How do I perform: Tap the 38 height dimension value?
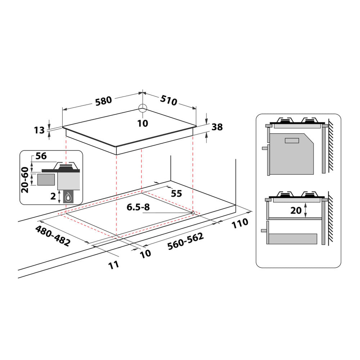coord(217,127)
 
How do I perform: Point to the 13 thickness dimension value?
coord(40,130)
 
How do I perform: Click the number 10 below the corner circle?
coord(143,123)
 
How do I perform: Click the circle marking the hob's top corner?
coord(143,108)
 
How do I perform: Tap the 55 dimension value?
coord(176,193)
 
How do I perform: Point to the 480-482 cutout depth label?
coord(53,236)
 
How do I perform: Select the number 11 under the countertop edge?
coord(114,265)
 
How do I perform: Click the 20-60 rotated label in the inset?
coord(25,180)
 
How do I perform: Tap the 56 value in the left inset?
coord(41,156)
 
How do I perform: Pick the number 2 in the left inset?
coord(53,196)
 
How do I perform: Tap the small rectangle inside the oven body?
coord(292,140)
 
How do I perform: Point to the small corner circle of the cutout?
coord(193,213)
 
